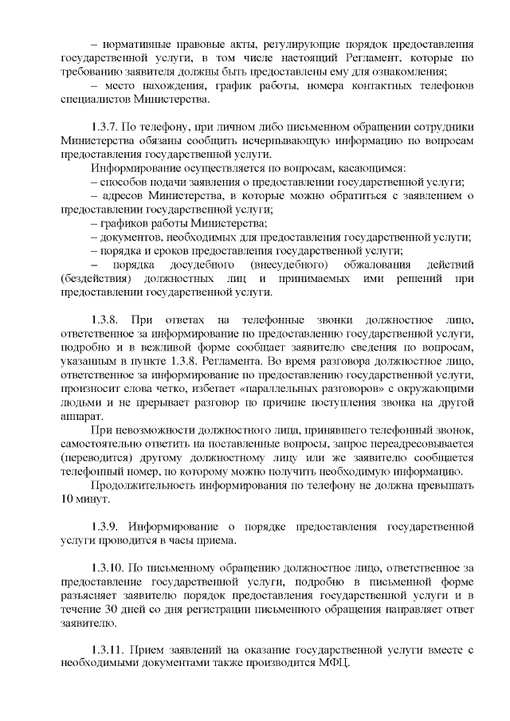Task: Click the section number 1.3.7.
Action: (107, 127)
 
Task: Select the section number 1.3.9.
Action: (107, 527)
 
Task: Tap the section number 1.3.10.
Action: (109, 567)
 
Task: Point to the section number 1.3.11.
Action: (109, 649)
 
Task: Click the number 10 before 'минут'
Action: (68, 500)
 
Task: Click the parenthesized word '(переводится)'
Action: (96, 458)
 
